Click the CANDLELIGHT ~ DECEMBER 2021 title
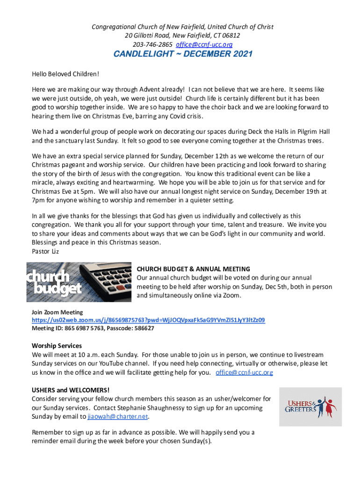pyautogui.click(x=183, y=54)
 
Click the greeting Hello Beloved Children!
pyautogui.click(x=65, y=74)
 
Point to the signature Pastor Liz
pyautogui.click(x=45, y=251)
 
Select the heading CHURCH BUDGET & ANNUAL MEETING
pyautogui.click(x=193, y=269)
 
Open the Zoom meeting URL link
pyautogui.click(x=148, y=320)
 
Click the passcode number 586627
pyautogui.click(x=143, y=328)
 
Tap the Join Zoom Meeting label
pyautogui.click(x=57, y=312)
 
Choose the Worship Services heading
pyautogui.click(x=57, y=346)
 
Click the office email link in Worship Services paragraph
pyautogui.click(x=244, y=373)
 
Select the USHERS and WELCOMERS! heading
pyautogui.click(x=71, y=390)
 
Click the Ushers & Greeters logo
pyautogui.click(x=310, y=406)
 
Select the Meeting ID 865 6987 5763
pyautogui.click(x=82, y=328)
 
